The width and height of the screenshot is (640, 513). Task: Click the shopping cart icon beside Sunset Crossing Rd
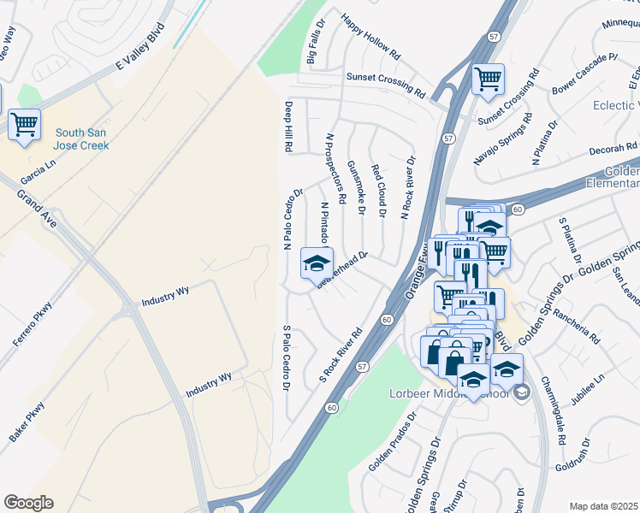pos(488,80)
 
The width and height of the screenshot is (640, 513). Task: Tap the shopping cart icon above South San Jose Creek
pos(24,124)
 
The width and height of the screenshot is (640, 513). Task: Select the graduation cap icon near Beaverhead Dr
pos(316,262)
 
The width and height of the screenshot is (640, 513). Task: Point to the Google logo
pos(28,502)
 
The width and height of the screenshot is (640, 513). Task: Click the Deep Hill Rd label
pos(288,127)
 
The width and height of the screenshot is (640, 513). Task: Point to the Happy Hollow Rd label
pos(370,36)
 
